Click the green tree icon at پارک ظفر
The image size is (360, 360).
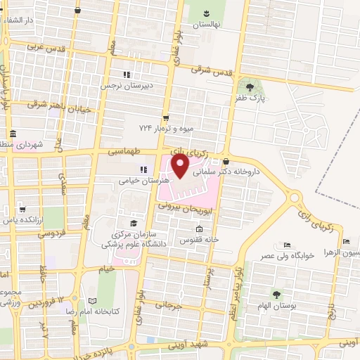(x=250, y=86)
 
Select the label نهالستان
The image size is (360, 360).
(x=207, y=24)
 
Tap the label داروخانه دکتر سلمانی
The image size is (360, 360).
(x=231, y=171)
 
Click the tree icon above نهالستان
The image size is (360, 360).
(x=207, y=13)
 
